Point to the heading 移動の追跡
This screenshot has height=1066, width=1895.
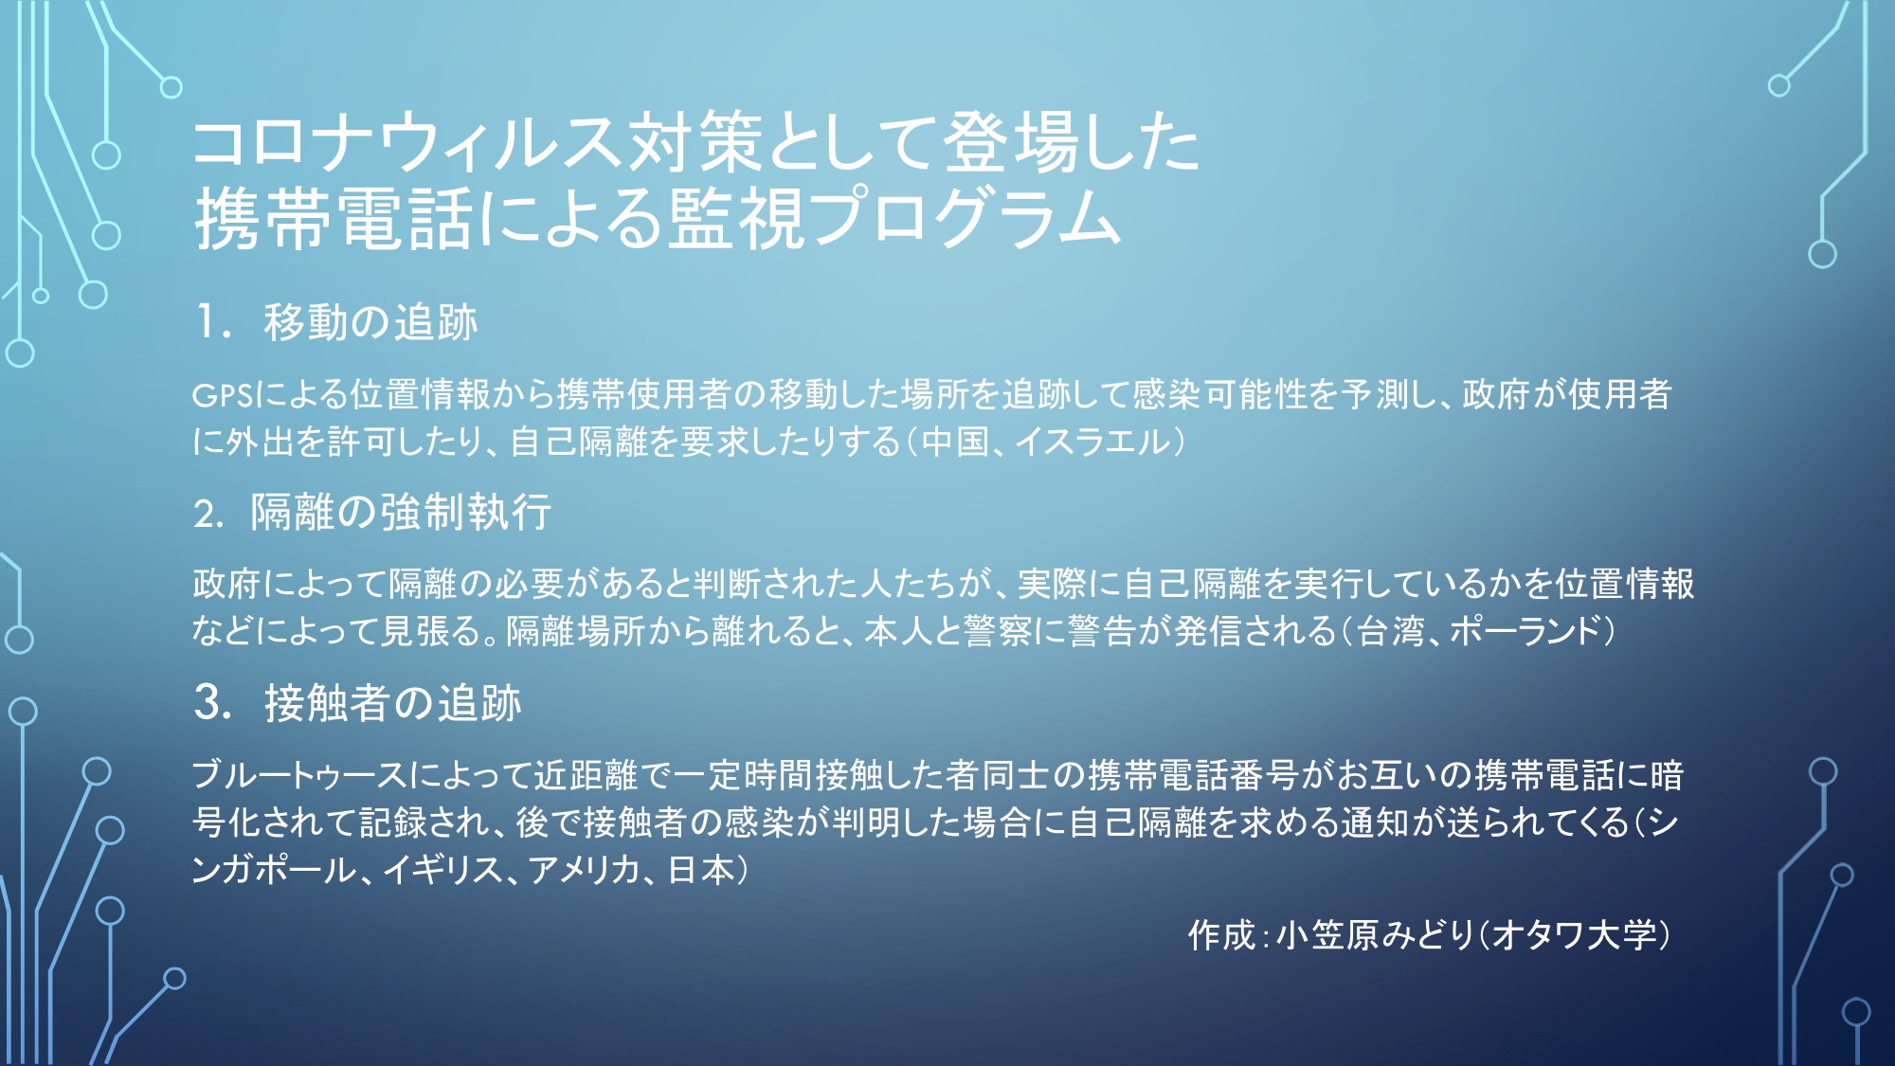(370, 322)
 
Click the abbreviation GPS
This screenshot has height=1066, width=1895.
(222, 395)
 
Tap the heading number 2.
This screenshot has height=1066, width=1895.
(208, 514)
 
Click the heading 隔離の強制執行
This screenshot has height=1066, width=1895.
(400, 513)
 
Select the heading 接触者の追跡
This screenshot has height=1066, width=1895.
(393, 703)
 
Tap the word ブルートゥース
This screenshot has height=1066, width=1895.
(299, 775)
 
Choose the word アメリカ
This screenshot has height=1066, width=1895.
(584, 869)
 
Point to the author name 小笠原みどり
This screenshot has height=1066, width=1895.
(1375, 935)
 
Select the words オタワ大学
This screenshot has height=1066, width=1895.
(1574, 935)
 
